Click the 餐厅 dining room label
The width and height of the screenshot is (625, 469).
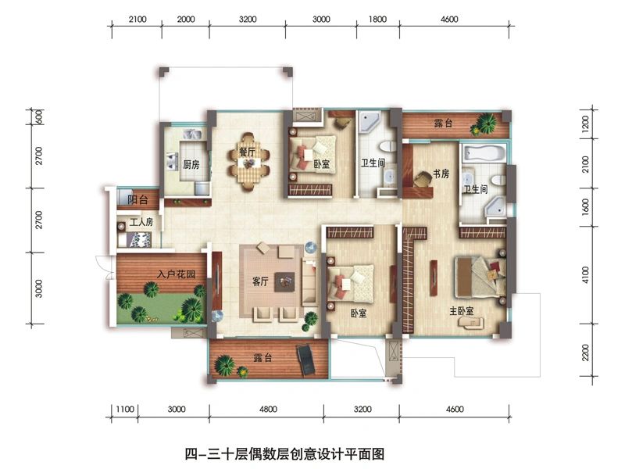click(247, 152)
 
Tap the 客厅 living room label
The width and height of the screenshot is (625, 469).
click(260, 281)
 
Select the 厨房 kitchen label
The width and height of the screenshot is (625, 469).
click(191, 164)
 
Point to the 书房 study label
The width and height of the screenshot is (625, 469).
click(441, 174)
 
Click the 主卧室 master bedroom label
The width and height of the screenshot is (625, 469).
click(462, 310)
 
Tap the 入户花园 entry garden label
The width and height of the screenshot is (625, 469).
click(177, 274)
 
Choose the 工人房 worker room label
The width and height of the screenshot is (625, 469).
click(141, 222)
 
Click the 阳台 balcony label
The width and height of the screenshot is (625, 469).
click(138, 199)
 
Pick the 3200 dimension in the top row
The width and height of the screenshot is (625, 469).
click(248, 19)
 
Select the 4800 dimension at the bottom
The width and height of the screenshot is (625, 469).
click(268, 409)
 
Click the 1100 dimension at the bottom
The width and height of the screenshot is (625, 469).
click(125, 409)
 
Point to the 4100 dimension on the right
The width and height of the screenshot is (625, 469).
click(585, 275)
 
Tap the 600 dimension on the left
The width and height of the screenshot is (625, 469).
click(39, 116)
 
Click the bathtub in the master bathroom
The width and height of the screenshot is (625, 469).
click(484, 154)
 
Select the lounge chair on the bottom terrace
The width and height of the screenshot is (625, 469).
click(306, 360)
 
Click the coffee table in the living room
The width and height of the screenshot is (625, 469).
click(284, 281)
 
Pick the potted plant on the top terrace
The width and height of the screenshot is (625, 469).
click(484, 124)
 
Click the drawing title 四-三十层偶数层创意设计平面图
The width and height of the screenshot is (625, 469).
click(284, 454)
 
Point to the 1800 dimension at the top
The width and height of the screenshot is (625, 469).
click(377, 19)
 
